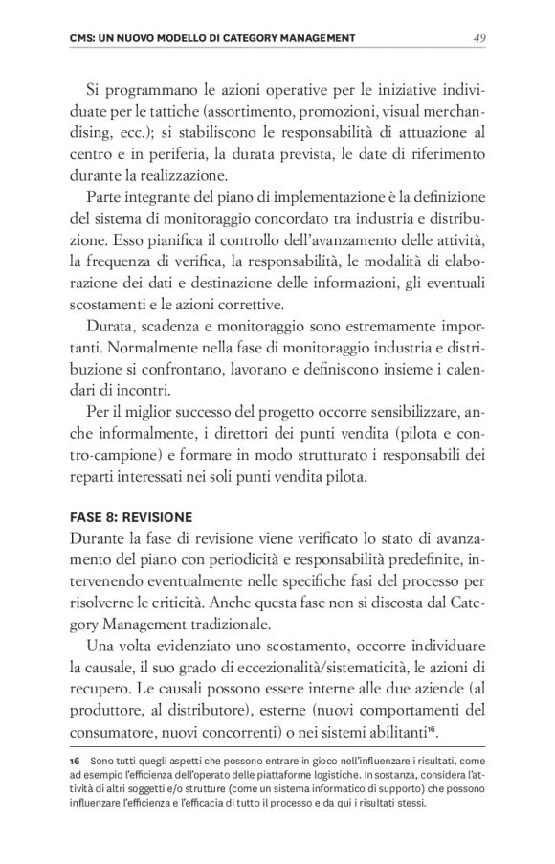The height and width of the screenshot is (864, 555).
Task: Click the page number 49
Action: coord(480,37)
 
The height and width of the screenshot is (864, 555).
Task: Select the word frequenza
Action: coord(128,260)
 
